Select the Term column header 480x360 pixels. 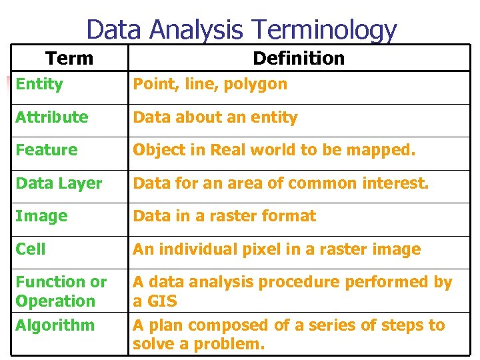point(69,59)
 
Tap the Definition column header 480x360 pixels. point(299,59)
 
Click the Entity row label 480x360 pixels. point(39,84)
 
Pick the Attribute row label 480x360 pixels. point(52,117)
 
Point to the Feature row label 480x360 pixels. point(47,150)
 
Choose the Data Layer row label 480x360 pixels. point(59,183)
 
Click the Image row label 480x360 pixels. point(41,216)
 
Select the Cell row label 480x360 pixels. point(31,249)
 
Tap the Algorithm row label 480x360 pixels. point(55,325)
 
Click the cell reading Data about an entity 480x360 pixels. point(215,117)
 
